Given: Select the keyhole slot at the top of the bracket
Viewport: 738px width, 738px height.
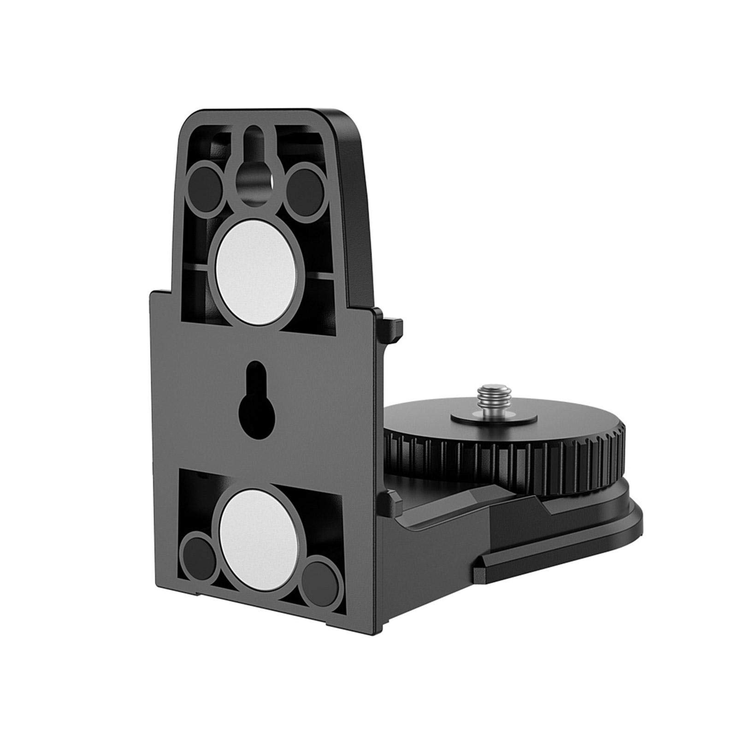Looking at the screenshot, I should (x=253, y=175).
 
